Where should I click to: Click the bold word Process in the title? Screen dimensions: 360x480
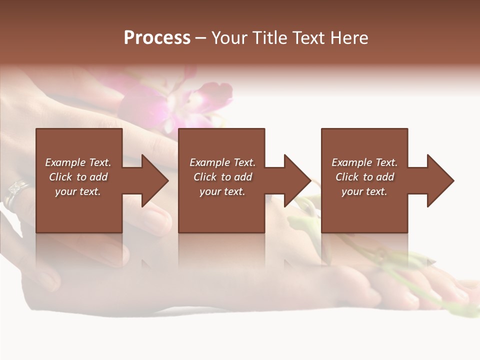pos(157,38)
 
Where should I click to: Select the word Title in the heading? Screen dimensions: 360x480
pos(269,38)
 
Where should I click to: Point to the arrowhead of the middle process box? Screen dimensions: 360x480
pos(296,180)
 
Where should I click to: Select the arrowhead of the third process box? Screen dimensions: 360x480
pos(439,180)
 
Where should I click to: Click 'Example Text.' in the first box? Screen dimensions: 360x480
pos(78,162)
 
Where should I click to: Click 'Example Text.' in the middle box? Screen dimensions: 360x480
pos(222,162)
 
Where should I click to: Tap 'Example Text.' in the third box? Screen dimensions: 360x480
pos(364,162)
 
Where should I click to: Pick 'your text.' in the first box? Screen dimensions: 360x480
pos(78,191)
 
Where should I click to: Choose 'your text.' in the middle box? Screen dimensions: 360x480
pos(222,191)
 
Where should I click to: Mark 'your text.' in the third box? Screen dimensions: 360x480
pos(364,191)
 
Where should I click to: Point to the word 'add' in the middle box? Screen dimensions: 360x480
pos(242,177)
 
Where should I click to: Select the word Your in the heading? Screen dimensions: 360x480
pos(229,38)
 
